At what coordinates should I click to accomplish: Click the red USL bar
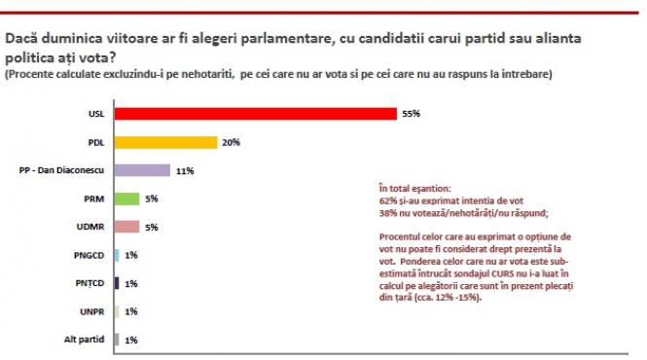pyautogui.click(x=255, y=114)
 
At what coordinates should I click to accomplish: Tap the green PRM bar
pyautogui.click(x=127, y=198)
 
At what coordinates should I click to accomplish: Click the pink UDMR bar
pyautogui.click(x=127, y=227)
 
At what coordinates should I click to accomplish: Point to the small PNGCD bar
pyautogui.click(x=117, y=255)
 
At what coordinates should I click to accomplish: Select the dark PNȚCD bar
pyautogui.click(x=117, y=283)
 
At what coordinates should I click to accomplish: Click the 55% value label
pyautogui.click(x=411, y=114)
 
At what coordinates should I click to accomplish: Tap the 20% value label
pyautogui.click(x=230, y=142)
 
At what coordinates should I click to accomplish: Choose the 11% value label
pyautogui.click(x=185, y=170)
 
